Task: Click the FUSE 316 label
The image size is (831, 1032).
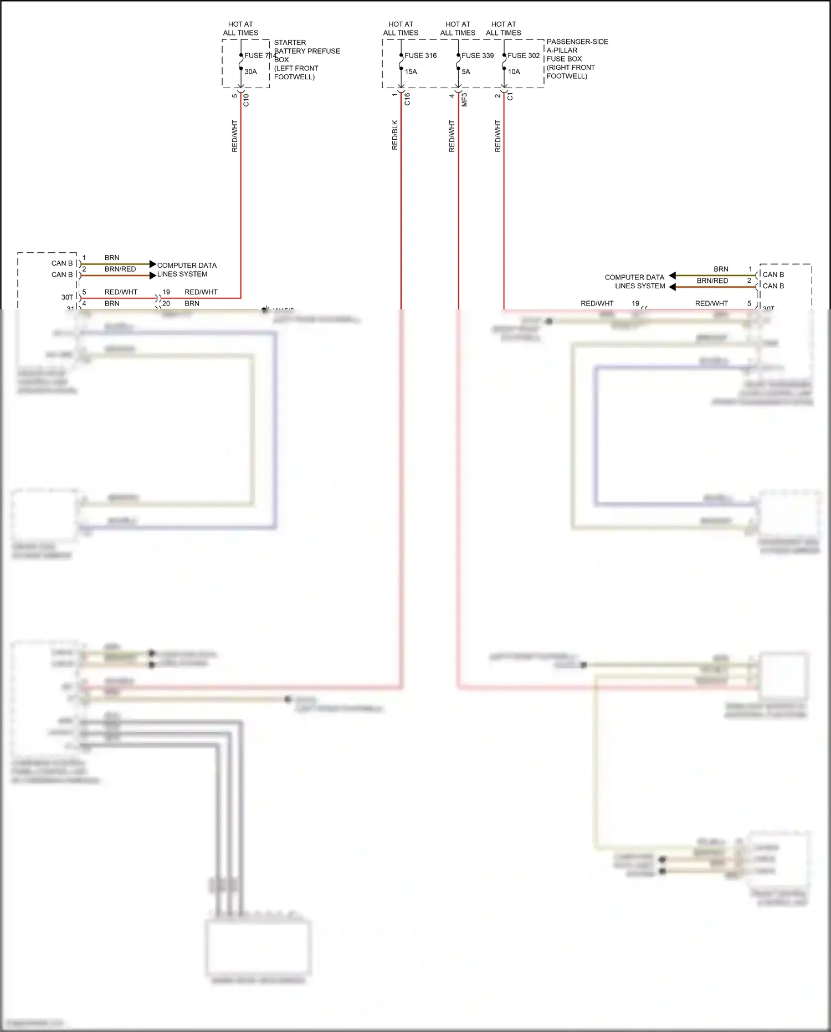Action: [420, 55]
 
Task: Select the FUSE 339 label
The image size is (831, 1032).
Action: [478, 55]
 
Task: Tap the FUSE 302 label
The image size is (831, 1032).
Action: [524, 55]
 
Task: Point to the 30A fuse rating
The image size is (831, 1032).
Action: [250, 72]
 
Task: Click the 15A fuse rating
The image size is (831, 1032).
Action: [411, 72]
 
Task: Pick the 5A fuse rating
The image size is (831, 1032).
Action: [466, 72]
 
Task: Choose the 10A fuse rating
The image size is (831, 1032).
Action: [514, 72]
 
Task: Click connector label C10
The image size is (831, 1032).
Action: [246, 100]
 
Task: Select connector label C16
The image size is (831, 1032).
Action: [407, 99]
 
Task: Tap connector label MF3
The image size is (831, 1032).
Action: [464, 100]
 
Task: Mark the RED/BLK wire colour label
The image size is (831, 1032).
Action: [395, 135]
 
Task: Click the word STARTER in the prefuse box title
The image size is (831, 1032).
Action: [290, 43]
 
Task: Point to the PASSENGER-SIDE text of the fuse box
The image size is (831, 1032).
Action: [577, 42]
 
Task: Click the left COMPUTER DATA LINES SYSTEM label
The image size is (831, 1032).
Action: [187, 270]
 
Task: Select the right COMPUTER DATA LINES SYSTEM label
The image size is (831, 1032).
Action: [635, 282]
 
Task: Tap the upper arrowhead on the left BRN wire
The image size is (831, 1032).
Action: [153, 264]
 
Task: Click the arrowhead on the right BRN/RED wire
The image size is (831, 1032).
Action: [672, 287]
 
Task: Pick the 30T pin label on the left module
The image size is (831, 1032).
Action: [67, 297]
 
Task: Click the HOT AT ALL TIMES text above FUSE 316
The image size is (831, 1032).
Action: [401, 28]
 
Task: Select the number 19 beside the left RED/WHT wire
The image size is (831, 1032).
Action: [166, 292]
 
